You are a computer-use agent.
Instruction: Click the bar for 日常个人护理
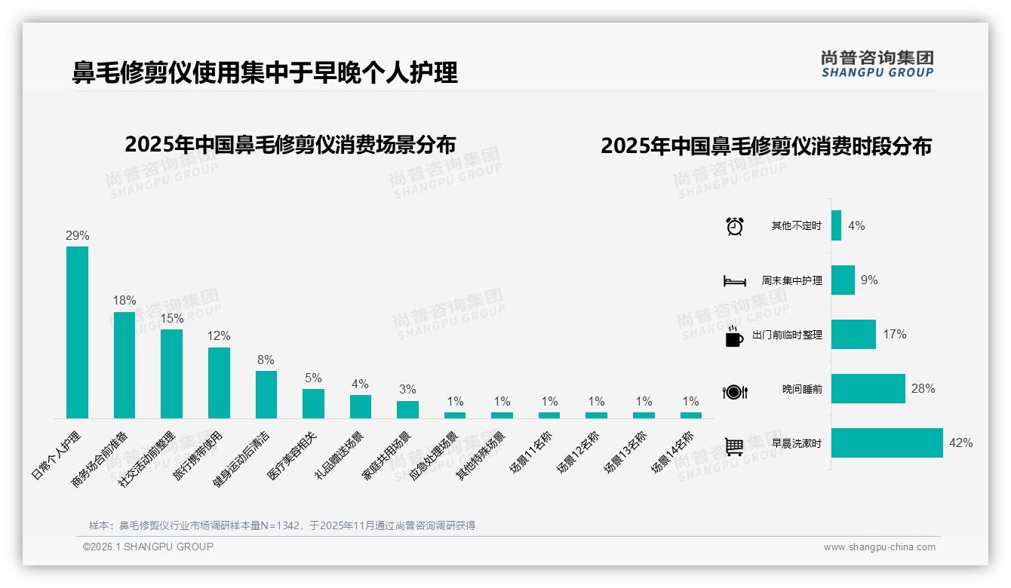77,332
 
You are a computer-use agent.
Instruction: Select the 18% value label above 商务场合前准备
124,300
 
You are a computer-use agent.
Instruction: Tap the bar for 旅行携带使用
219,382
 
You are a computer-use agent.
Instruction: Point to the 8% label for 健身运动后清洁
266,360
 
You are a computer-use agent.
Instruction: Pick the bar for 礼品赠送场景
361,406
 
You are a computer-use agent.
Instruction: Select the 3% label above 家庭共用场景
407,390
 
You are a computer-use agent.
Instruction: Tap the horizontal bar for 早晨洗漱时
887,443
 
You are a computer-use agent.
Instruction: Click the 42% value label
960,443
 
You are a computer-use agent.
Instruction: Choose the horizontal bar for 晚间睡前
868,389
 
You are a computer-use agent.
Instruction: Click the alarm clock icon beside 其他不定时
734,226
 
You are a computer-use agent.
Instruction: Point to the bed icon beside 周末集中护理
734,281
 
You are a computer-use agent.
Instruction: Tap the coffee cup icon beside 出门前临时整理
734,335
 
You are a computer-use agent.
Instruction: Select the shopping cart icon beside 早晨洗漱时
734,446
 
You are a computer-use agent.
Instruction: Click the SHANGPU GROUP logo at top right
877,64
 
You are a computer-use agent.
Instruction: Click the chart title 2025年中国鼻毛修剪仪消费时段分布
766,146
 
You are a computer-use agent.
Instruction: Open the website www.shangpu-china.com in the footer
879,547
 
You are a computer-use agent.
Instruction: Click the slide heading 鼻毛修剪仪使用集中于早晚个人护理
265,72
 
